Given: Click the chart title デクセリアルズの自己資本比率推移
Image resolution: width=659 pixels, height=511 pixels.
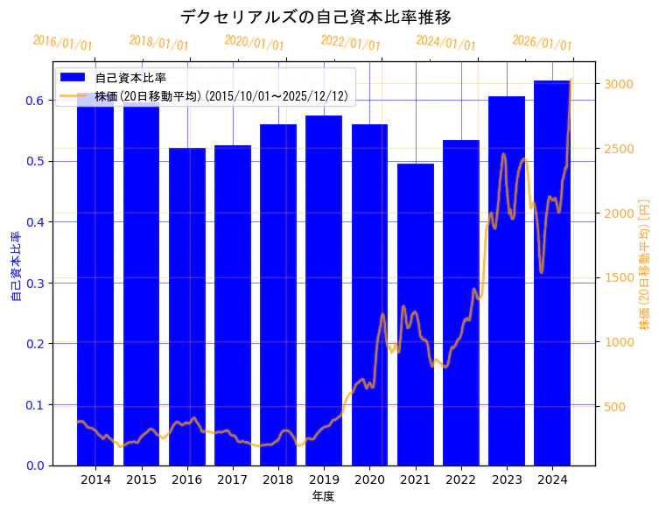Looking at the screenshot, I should pyautogui.click(x=316, y=17).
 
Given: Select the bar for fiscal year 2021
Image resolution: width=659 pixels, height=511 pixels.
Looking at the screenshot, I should pyautogui.click(x=416, y=315).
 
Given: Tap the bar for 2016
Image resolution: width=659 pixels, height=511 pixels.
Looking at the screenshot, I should pyautogui.click(x=187, y=306).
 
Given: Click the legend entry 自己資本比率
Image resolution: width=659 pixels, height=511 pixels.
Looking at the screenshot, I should pyautogui.click(x=130, y=78).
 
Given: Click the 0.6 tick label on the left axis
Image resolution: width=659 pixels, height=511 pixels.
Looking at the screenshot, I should pyautogui.click(x=34, y=101).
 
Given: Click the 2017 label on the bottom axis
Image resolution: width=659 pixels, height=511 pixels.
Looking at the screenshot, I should pyautogui.click(x=233, y=479).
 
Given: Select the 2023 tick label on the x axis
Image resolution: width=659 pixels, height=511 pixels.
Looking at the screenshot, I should pyautogui.click(x=507, y=479).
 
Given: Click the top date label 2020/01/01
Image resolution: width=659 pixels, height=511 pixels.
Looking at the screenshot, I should pyautogui.click(x=254, y=43).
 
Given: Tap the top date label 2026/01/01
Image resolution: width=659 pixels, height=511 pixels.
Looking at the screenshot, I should pyautogui.click(x=542, y=43).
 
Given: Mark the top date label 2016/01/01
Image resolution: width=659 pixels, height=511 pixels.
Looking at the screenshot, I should pyautogui.click(x=62, y=43).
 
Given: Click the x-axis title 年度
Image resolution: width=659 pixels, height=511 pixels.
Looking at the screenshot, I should pyautogui.click(x=323, y=496).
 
